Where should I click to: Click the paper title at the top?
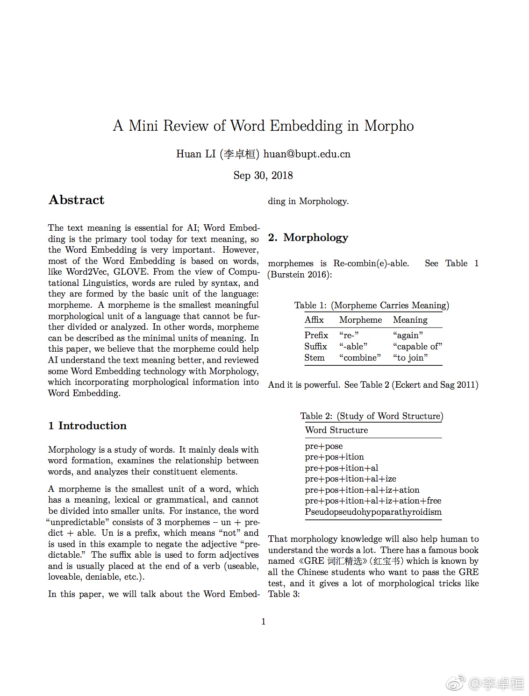point(263,126)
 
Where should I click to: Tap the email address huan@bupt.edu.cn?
point(307,154)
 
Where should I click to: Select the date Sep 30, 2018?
point(263,176)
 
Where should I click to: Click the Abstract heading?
point(77,200)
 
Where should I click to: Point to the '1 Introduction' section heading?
point(87,426)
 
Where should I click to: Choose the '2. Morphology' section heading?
point(308,237)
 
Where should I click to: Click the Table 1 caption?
point(372,305)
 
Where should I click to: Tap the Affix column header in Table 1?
point(314,320)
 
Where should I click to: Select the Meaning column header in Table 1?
point(410,320)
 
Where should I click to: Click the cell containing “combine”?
point(360,358)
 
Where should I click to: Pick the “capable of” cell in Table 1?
point(417,347)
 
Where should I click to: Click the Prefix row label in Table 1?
point(316,335)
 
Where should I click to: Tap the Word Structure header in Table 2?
point(336,430)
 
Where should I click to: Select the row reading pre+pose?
point(324,446)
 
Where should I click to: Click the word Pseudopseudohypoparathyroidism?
point(373,512)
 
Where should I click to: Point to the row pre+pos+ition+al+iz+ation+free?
point(373,501)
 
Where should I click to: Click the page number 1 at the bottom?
point(264,622)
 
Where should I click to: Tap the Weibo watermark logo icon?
point(455,683)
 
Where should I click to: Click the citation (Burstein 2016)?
point(300,275)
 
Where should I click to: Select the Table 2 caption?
point(372,416)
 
